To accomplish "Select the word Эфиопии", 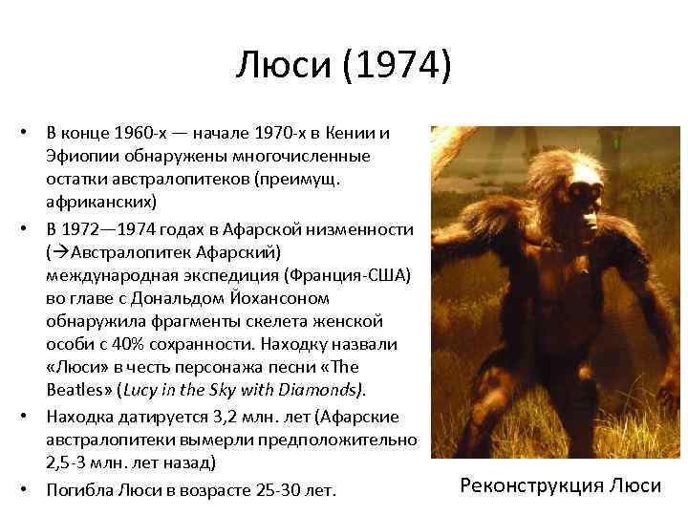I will pos(80,155).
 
